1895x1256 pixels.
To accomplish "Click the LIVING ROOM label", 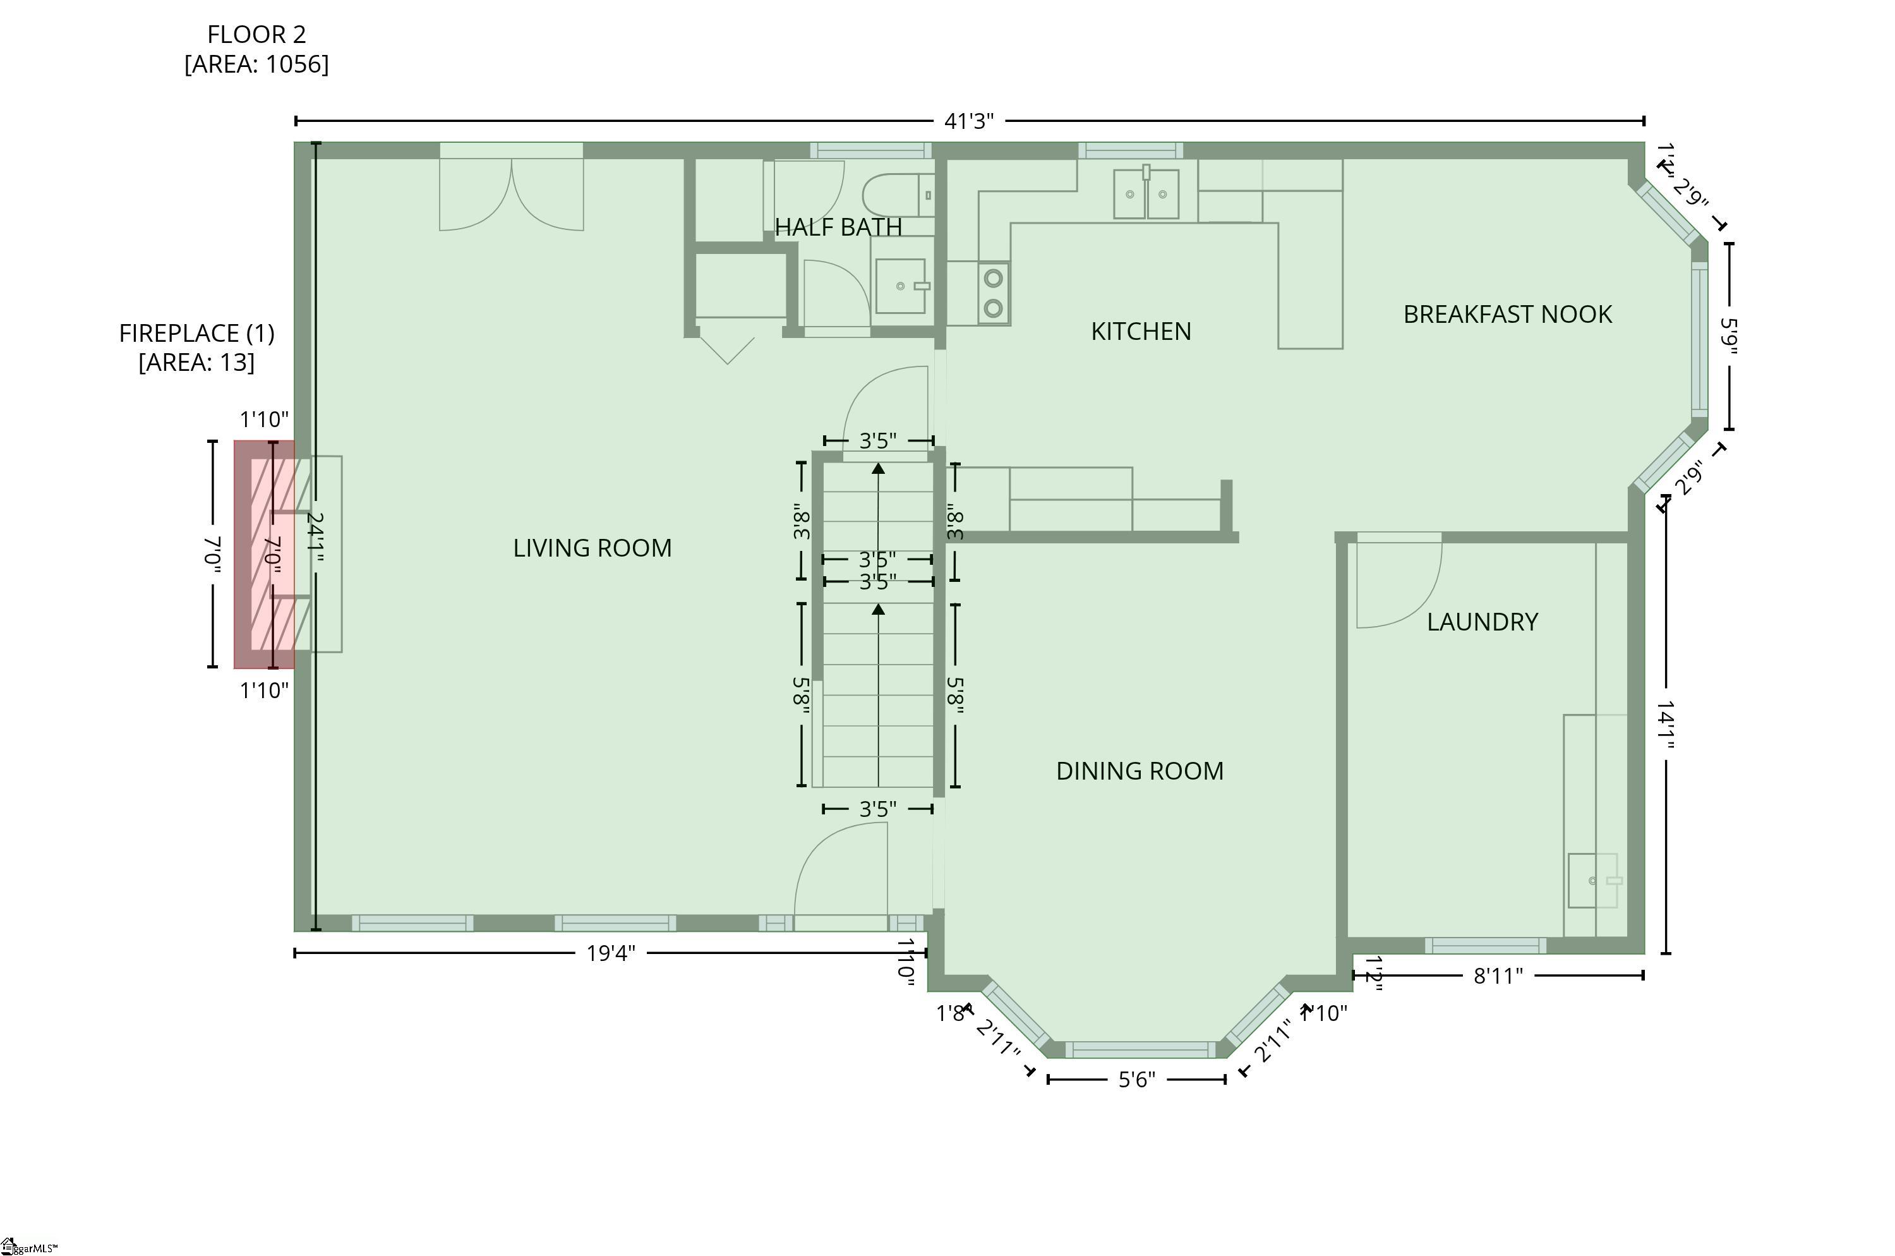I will pyautogui.click(x=592, y=548).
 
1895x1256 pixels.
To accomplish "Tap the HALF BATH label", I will pyautogui.click(x=838, y=227).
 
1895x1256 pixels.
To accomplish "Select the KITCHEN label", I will pyautogui.click(x=1141, y=332).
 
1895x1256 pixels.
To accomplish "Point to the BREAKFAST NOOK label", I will pyautogui.click(x=1507, y=315).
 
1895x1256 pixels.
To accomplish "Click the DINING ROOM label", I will pyautogui.click(x=1139, y=771).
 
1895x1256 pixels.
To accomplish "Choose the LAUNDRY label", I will pyautogui.click(x=1482, y=622).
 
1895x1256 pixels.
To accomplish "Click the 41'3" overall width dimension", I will pyautogui.click(x=968, y=121).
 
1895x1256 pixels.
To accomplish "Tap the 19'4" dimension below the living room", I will pyautogui.click(x=610, y=953).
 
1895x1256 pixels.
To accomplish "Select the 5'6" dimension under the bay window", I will pyautogui.click(x=1136, y=1080).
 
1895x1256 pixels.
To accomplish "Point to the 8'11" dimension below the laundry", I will pyautogui.click(x=1497, y=975).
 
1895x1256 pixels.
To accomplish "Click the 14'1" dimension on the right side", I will pyautogui.click(x=1666, y=725).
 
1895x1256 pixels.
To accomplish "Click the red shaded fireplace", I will pyautogui.click(x=263, y=554).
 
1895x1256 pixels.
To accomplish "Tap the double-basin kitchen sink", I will pyautogui.click(x=1145, y=194).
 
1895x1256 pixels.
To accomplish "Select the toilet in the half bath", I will pyautogui.click(x=897, y=195).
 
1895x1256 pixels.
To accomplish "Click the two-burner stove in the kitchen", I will pyautogui.click(x=993, y=293).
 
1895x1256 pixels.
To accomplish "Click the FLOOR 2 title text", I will pyautogui.click(x=256, y=35).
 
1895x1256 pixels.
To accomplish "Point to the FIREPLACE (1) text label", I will pyautogui.click(x=196, y=333).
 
